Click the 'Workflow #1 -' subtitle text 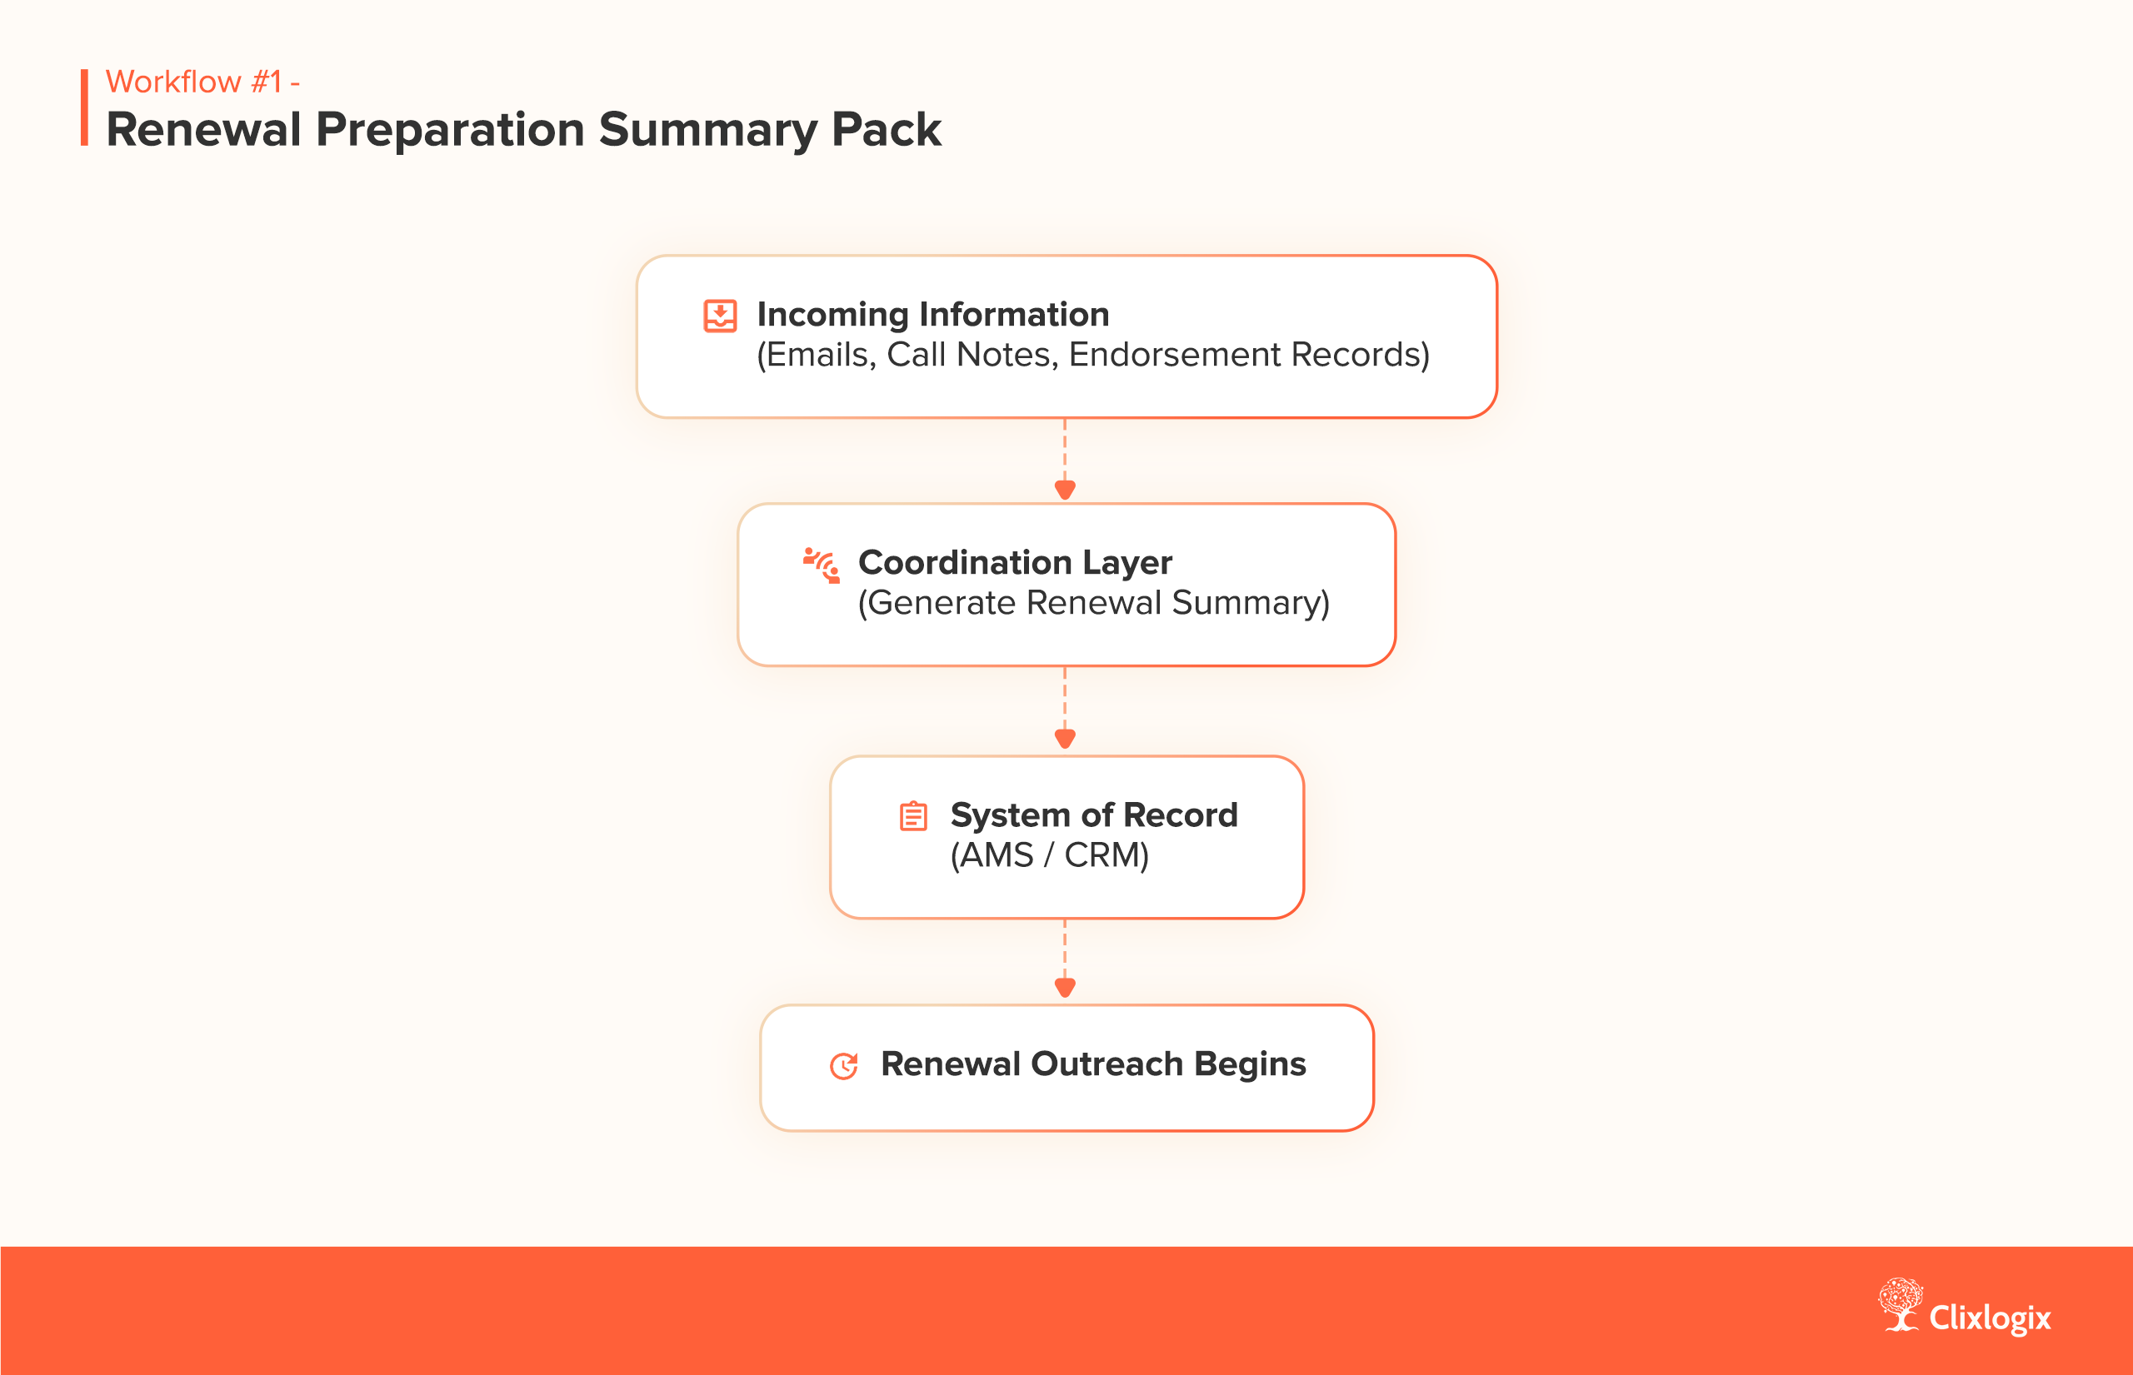202,82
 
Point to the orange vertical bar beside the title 85,107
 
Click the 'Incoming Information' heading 932,314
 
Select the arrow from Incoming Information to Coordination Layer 1065,461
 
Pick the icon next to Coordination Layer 822,565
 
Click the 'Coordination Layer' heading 1015,562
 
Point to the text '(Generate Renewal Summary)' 1093,603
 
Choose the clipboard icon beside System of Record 913,816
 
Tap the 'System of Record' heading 1093,815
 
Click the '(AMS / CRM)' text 1050,855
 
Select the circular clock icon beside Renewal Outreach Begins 844,1065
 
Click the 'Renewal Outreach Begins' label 1093,1064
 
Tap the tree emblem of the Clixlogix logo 1900,1304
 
